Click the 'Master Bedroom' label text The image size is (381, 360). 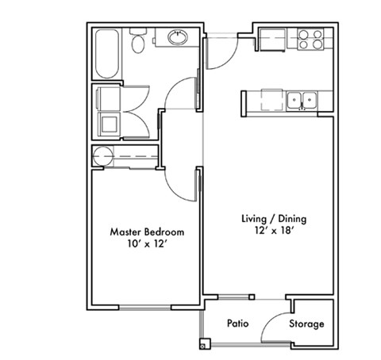tap(147, 232)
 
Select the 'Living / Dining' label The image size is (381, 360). tap(273, 218)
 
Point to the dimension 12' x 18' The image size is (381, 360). tap(273, 232)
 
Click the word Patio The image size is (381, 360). tap(239, 324)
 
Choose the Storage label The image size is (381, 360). tap(306, 324)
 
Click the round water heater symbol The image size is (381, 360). tap(102, 155)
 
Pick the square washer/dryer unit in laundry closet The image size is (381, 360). tap(107, 123)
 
